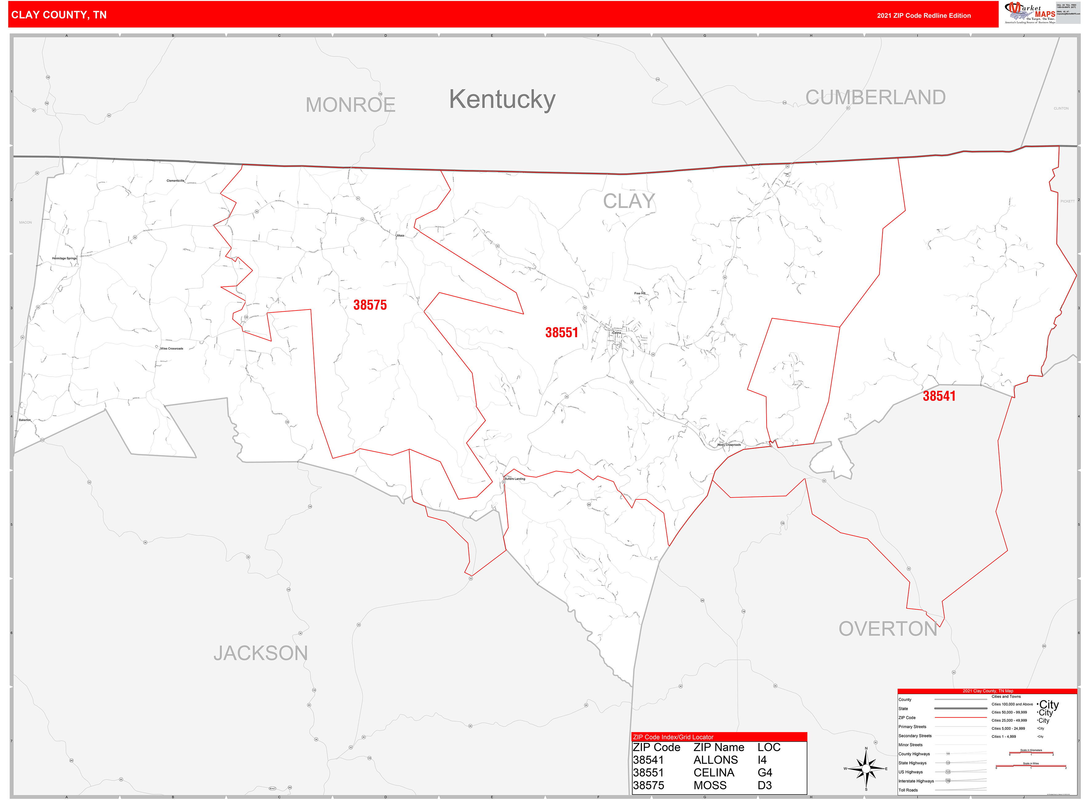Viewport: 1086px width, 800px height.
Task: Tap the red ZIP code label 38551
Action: [x=561, y=333]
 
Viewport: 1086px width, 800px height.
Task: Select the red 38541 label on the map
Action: [x=939, y=396]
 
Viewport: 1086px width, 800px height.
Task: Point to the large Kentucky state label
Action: [x=502, y=99]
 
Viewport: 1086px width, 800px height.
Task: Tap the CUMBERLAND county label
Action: [x=875, y=97]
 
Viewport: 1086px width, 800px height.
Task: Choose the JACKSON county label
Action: [x=261, y=653]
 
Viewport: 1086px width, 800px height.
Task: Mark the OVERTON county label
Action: [x=888, y=629]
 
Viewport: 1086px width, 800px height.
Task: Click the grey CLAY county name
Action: [x=629, y=201]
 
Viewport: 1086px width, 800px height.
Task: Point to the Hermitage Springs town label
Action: [x=64, y=258]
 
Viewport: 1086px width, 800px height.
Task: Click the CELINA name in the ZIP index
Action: [x=714, y=773]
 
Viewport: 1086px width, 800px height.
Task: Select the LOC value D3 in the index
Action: [x=764, y=786]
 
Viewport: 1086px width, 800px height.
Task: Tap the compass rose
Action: [x=866, y=769]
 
